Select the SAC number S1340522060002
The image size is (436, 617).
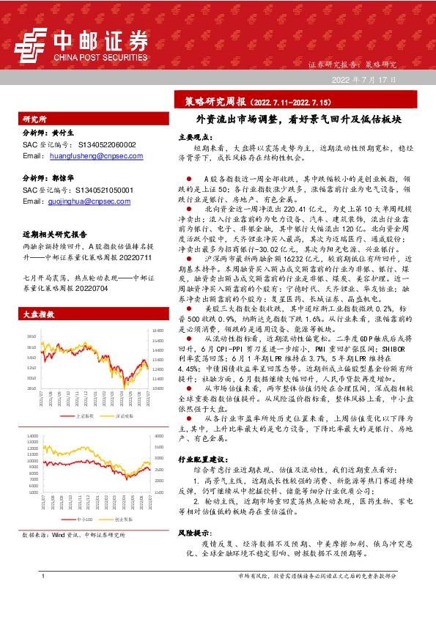(107, 145)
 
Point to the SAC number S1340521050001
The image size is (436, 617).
(107, 190)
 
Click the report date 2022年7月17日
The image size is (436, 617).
(363, 79)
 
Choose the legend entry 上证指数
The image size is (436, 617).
(85, 394)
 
